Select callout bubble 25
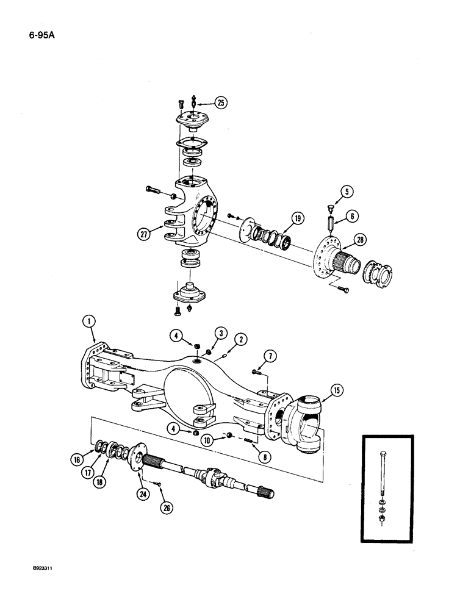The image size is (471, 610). point(220,102)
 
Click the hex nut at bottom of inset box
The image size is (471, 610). point(381,517)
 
